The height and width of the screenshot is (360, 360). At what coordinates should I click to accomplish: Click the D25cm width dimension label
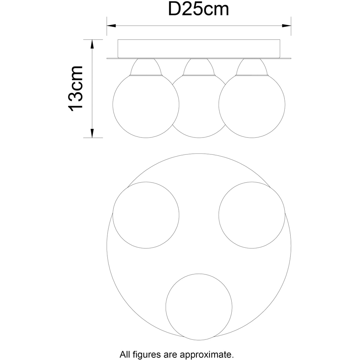[x=199, y=10]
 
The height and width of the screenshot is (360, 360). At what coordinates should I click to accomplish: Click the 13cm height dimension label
[x=76, y=89]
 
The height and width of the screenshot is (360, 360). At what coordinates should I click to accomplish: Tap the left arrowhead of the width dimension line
[x=111, y=26]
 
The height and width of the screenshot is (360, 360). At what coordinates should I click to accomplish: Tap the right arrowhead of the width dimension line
[x=287, y=26]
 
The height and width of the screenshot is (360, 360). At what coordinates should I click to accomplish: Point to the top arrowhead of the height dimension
[x=92, y=44]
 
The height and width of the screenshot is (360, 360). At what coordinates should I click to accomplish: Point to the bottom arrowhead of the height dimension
[x=92, y=134]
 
